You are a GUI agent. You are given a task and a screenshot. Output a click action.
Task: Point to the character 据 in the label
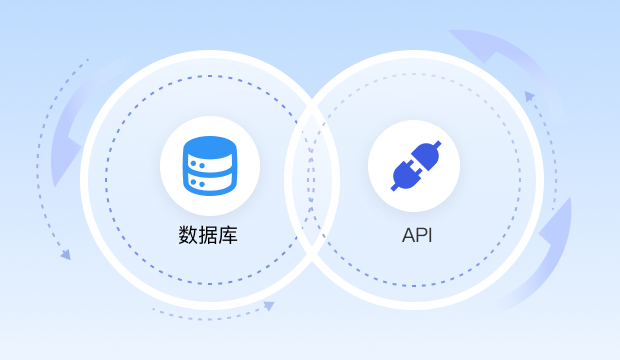pyautogui.click(x=209, y=236)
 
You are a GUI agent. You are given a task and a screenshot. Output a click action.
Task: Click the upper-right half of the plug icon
pyautogui.click(x=426, y=154)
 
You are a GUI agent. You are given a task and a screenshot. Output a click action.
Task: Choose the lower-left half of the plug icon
pyautogui.click(x=402, y=176)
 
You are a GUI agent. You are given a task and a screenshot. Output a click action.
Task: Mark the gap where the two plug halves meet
pyautogui.click(x=414, y=165)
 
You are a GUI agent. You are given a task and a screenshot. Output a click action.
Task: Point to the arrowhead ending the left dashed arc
pyautogui.click(x=66, y=255)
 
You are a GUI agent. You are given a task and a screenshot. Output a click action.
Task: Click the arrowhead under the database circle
pyautogui.click(x=268, y=306)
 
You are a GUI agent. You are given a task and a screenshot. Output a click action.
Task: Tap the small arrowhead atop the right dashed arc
pyautogui.click(x=529, y=96)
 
